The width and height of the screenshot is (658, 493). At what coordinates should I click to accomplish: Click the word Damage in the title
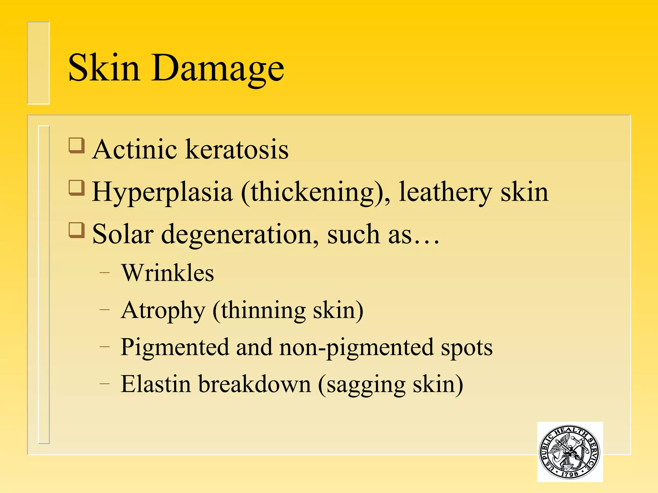pyautogui.click(x=218, y=69)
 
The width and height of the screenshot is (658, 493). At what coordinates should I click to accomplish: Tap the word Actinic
pyautogui.click(x=134, y=149)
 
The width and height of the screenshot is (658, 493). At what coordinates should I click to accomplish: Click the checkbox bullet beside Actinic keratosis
pyautogui.click(x=77, y=145)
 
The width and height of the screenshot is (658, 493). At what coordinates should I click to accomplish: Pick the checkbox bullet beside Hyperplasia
pyautogui.click(x=77, y=188)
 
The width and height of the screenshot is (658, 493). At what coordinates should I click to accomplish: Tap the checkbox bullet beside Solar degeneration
pyautogui.click(x=77, y=230)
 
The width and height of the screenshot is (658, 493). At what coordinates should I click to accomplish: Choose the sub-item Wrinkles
pyautogui.click(x=167, y=273)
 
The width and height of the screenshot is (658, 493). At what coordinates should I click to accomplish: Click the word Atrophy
pyautogui.click(x=163, y=311)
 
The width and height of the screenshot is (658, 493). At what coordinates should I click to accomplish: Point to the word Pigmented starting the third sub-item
pyautogui.click(x=175, y=348)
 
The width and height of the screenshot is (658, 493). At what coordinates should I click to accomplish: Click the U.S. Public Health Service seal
pyautogui.click(x=570, y=452)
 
